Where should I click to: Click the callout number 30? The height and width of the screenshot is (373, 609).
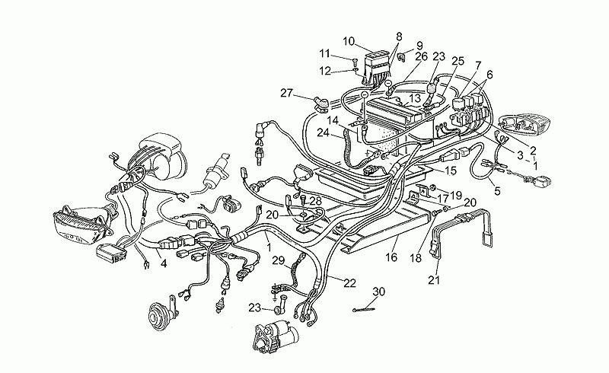pyautogui.click(x=378, y=292)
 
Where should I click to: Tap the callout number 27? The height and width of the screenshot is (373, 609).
pyautogui.click(x=287, y=93)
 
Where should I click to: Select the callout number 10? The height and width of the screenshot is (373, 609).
pyautogui.click(x=349, y=41)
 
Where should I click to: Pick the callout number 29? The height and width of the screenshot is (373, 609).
pyautogui.click(x=278, y=260)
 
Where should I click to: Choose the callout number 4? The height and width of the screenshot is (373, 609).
pyautogui.click(x=164, y=263)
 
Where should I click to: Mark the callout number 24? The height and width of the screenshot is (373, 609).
pyautogui.click(x=323, y=133)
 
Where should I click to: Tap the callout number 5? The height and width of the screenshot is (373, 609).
pyautogui.click(x=498, y=191)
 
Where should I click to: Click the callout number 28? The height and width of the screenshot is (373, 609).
pyautogui.click(x=316, y=201)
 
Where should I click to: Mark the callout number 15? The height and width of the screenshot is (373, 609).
pyautogui.click(x=451, y=171)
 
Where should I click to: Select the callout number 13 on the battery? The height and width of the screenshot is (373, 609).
pyautogui.click(x=414, y=98)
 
